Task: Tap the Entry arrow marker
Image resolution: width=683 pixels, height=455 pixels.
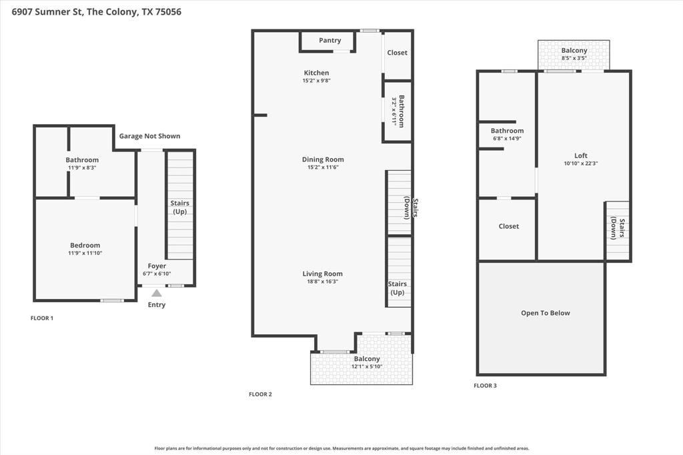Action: click(x=156, y=293)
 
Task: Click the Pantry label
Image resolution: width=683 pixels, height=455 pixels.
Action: click(x=329, y=41)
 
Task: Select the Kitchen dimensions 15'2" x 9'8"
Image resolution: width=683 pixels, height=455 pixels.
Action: click(x=316, y=81)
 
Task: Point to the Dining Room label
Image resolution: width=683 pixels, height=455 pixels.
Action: click(x=323, y=159)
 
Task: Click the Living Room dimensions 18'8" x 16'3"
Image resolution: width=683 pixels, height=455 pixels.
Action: click(x=322, y=282)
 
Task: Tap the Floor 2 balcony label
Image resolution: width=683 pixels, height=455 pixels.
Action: click(x=367, y=359)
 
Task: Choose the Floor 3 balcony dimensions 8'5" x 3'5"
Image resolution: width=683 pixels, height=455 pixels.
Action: click(x=574, y=59)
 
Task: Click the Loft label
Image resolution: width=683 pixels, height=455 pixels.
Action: click(x=580, y=155)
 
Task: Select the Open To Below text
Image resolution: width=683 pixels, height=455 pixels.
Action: click(x=545, y=313)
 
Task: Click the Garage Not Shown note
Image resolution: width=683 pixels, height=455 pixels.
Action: click(x=149, y=136)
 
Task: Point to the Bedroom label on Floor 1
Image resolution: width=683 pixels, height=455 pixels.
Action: click(x=85, y=246)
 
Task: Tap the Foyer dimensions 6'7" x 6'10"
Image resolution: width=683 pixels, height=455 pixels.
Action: click(x=157, y=274)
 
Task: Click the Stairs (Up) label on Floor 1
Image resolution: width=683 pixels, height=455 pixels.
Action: click(x=179, y=207)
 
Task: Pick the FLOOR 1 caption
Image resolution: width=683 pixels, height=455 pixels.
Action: click(x=42, y=318)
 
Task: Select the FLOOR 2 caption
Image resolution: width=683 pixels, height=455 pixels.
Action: click(x=260, y=394)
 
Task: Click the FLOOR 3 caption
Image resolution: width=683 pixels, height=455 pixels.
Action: click(x=485, y=386)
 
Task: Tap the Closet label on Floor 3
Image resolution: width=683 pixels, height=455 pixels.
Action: click(x=508, y=226)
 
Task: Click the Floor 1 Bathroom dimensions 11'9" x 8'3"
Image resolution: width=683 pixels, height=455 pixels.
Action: click(x=82, y=168)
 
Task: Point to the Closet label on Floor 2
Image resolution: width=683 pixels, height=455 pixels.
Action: click(x=397, y=53)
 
